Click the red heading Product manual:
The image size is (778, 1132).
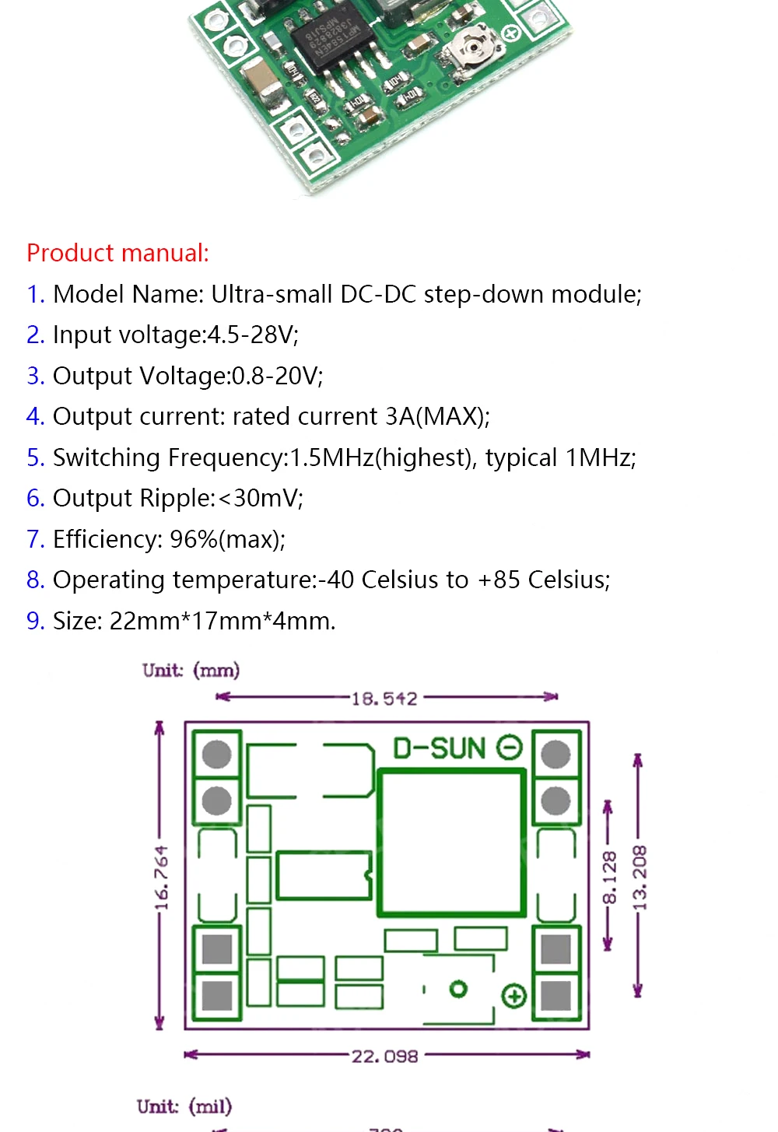pyautogui.click(x=117, y=253)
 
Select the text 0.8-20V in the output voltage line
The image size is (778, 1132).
pyautogui.click(x=276, y=376)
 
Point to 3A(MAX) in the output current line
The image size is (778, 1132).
pyautogui.click(x=437, y=416)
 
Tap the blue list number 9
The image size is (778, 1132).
pyautogui.click(x=35, y=621)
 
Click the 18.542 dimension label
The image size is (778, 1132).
pyautogui.click(x=384, y=699)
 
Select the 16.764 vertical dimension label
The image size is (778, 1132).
pyautogui.click(x=161, y=878)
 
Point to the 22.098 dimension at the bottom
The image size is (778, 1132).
pyautogui.click(x=384, y=1057)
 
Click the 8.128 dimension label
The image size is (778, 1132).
pyautogui.click(x=610, y=878)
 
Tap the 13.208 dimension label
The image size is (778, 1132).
pyautogui.click(x=640, y=878)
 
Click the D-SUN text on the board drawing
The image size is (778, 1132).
pyautogui.click(x=440, y=748)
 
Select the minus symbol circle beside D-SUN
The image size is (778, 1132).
pyautogui.click(x=509, y=748)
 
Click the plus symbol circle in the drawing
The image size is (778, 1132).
pyautogui.click(x=514, y=996)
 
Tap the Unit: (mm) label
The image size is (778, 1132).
pyautogui.click(x=191, y=671)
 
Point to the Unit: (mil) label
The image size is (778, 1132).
pyautogui.click(x=184, y=1106)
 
